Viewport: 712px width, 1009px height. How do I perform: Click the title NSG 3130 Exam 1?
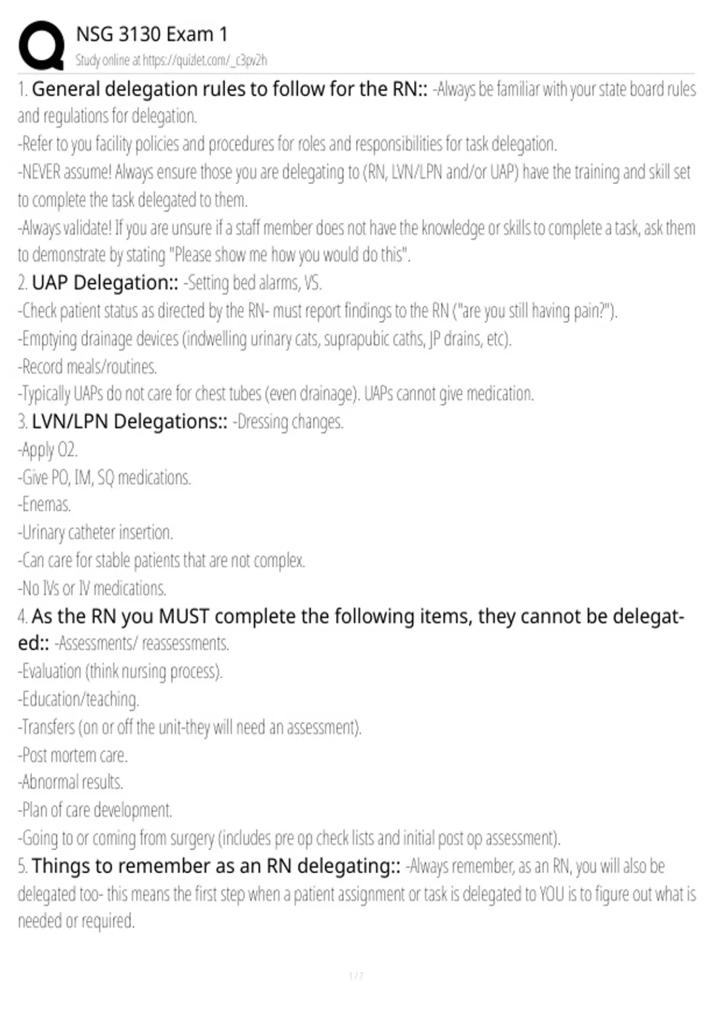152,34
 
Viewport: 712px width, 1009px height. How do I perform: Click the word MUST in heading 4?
184,617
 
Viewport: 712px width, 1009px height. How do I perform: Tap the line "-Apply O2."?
48,450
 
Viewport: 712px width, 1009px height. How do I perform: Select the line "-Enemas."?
44,505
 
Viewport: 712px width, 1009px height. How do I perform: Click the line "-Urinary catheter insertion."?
96,533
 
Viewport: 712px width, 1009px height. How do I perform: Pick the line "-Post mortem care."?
73,756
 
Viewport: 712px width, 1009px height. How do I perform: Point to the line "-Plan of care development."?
95,811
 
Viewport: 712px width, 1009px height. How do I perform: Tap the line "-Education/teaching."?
78,700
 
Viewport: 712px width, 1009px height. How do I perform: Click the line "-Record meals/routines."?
87,367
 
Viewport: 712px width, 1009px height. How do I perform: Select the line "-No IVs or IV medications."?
92,589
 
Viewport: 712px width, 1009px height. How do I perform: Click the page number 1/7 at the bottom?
356,976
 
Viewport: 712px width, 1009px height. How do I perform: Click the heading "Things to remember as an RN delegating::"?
216,867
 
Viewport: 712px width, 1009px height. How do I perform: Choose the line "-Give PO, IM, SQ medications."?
104,478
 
